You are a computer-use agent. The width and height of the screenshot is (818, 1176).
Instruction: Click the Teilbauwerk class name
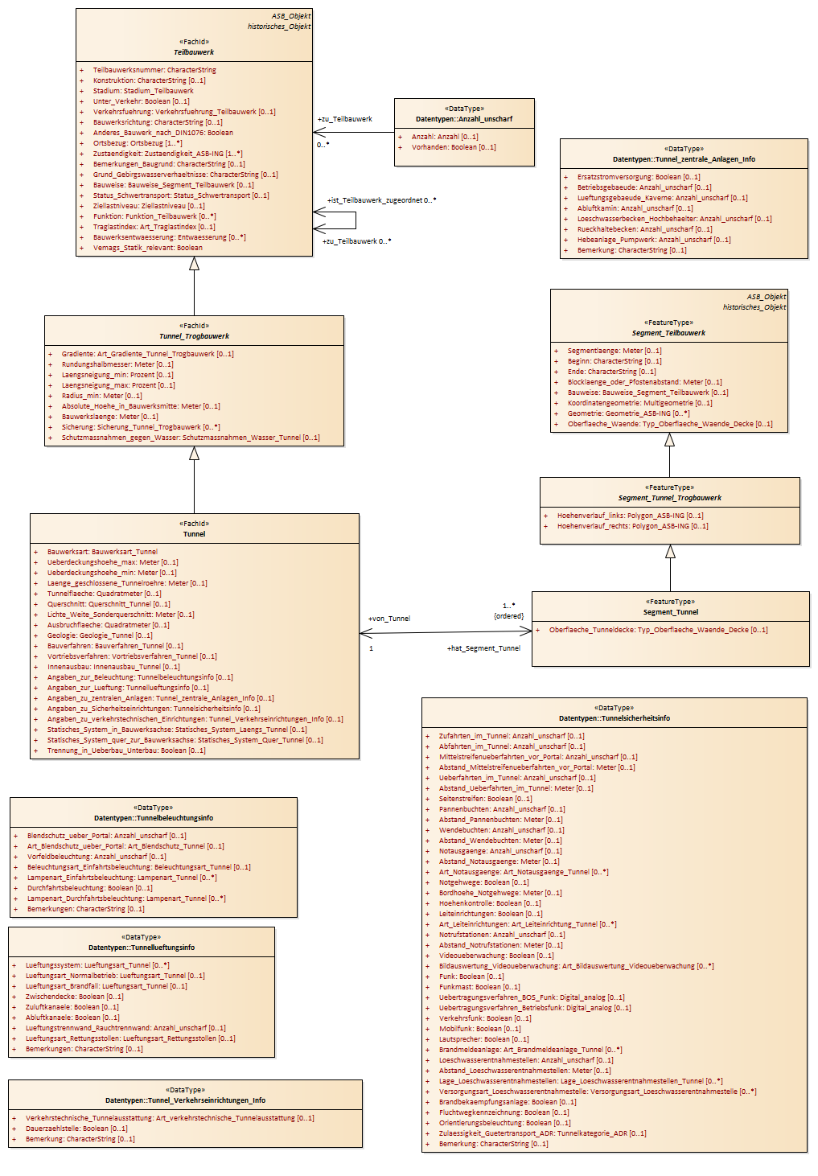pyautogui.click(x=194, y=52)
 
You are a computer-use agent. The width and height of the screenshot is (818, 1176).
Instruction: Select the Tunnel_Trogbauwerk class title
pyautogui.click(x=195, y=336)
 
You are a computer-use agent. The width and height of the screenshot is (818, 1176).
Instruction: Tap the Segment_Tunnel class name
pyautogui.click(x=671, y=612)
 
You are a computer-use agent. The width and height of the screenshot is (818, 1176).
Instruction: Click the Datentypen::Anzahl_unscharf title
pyautogui.click(x=464, y=119)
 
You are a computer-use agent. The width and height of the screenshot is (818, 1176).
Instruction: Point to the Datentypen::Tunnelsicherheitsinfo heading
pyautogui.click(x=615, y=718)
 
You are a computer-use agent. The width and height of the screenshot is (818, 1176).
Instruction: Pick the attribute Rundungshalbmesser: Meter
pyautogui.click(x=117, y=364)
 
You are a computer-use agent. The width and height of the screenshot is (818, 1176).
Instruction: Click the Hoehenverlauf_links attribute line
pyautogui.click(x=630, y=516)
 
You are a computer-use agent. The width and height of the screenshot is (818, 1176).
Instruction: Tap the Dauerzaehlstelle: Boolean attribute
pyautogui.click(x=76, y=1129)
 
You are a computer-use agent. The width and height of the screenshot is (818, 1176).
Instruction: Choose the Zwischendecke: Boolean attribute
pyautogui.click(x=75, y=997)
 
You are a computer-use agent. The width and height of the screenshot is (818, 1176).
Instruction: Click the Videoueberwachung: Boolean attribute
pyautogui.click(x=496, y=956)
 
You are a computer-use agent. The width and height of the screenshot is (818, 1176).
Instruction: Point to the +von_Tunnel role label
pyautogui.click(x=389, y=619)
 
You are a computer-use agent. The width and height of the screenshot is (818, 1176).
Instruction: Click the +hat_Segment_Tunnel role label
pyautogui.click(x=483, y=648)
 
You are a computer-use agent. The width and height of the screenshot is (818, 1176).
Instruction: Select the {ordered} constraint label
pyautogui.click(x=509, y=616)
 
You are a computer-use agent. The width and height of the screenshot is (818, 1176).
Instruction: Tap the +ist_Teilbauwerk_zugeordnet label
pyautogui.click(x=375, y=200)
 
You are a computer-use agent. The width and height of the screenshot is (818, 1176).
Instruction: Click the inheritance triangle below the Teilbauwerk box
pyautogui.click(x=195, y=264)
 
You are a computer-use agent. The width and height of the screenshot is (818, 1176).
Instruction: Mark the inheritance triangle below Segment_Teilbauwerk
pyautogui.click(x=669, y=440)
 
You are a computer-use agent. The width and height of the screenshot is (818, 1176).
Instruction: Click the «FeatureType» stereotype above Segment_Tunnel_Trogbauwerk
pyautogui.click(x=669, y=487)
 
